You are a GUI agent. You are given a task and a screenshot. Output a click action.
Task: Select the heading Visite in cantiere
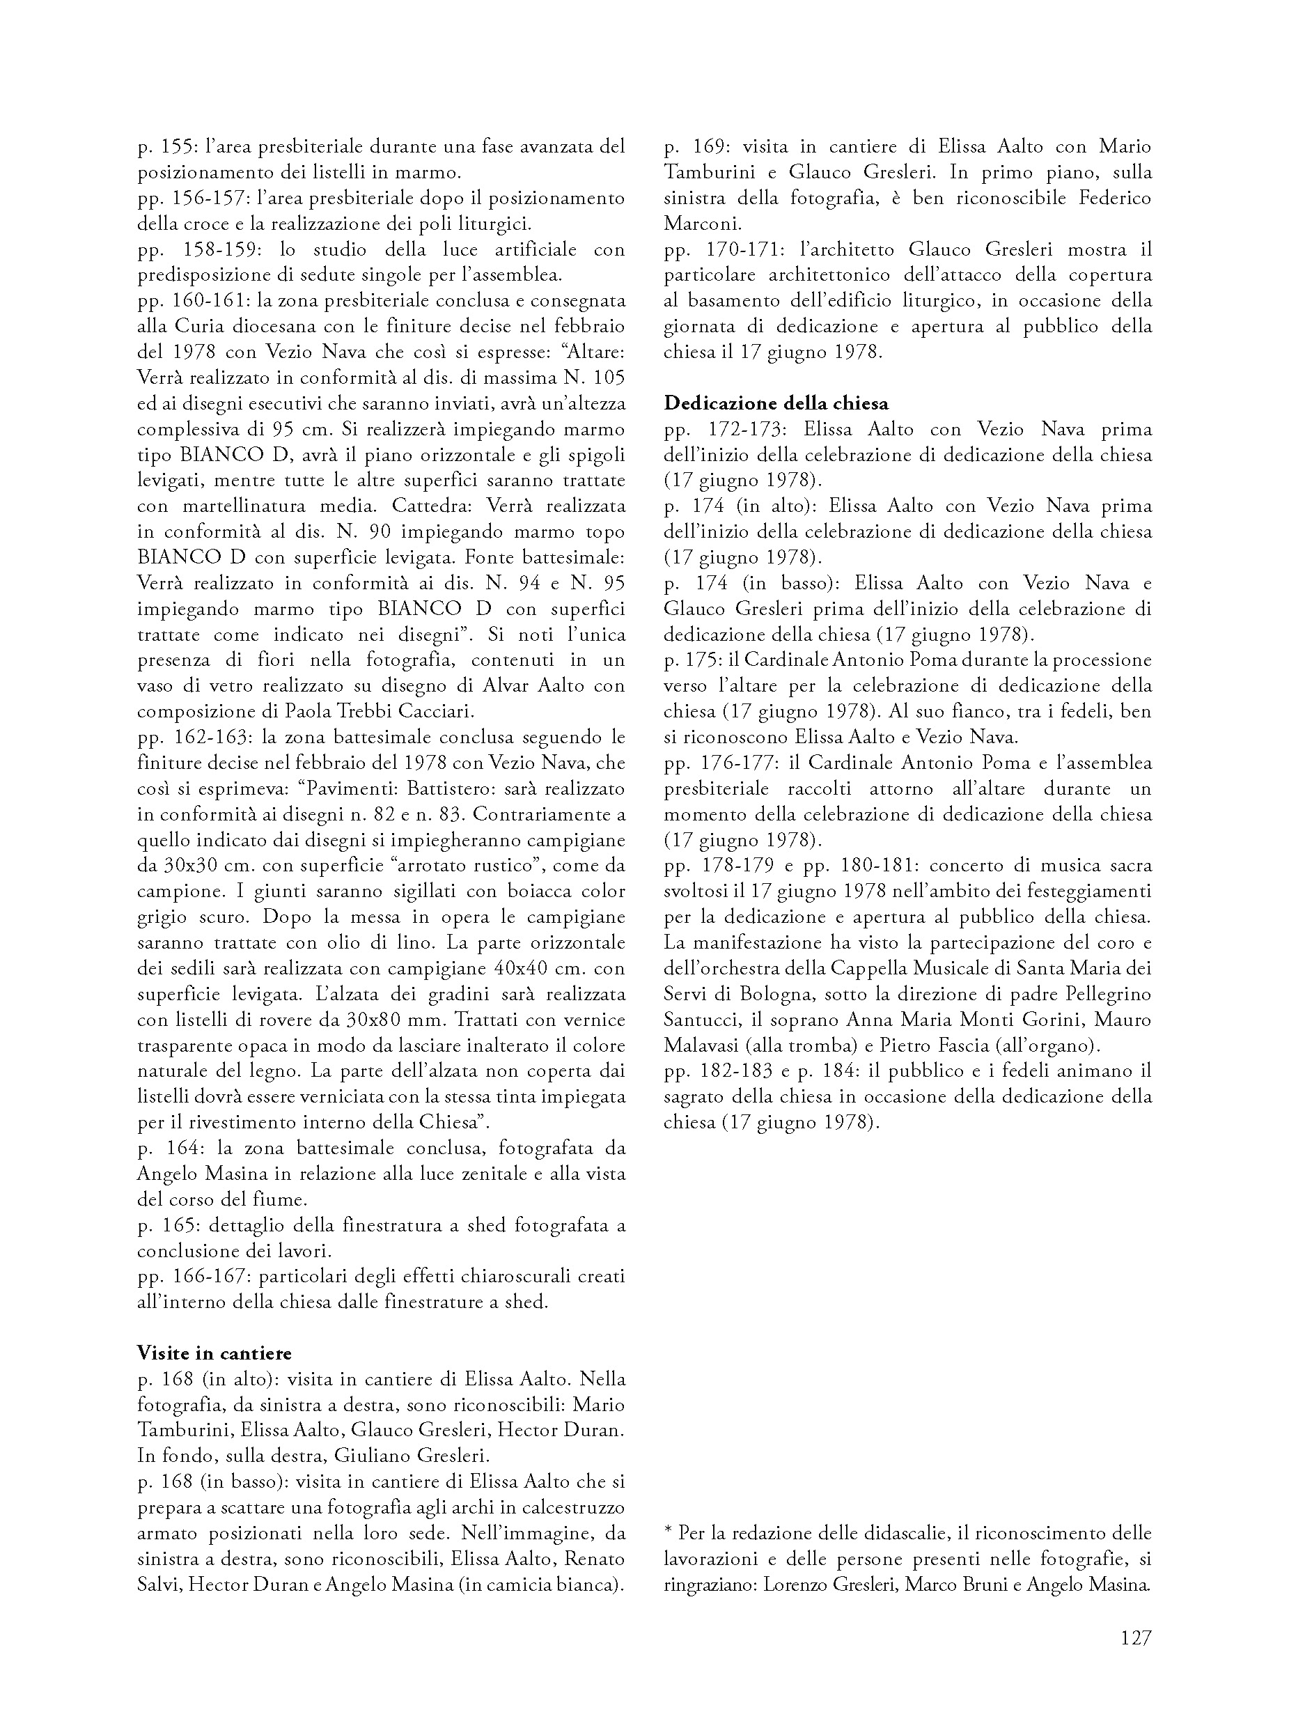214,1353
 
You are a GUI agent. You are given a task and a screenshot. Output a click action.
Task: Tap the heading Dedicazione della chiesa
776,403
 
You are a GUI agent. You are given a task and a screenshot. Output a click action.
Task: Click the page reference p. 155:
164,146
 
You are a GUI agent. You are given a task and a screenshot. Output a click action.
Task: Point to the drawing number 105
609,377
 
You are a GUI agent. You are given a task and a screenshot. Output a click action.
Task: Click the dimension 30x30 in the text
192,866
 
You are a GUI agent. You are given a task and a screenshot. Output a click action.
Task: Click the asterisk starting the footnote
668,1532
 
